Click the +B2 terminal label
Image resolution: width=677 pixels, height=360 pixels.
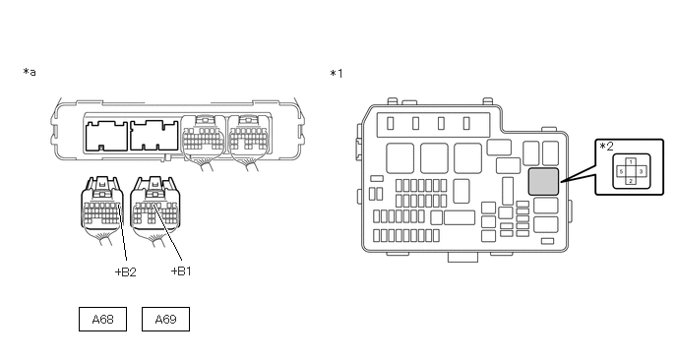(x=126, y=271)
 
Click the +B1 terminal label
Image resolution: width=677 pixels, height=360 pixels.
(x=181, y=271)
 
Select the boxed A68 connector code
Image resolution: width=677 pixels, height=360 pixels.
(x=102, y=320)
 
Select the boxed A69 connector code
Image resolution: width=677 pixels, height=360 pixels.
(x=165, y=320)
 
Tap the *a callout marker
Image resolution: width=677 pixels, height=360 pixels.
(x=30, y=72)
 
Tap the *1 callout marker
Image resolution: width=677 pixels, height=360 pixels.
(x=337, y=74)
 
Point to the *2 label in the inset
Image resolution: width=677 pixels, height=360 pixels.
(x=606, y=147)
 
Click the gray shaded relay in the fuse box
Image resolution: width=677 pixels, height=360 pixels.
(x=543, y=182)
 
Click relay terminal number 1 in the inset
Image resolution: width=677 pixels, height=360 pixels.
(x=631, y=162)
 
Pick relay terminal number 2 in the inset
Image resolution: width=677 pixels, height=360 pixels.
(x=631, y=181)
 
